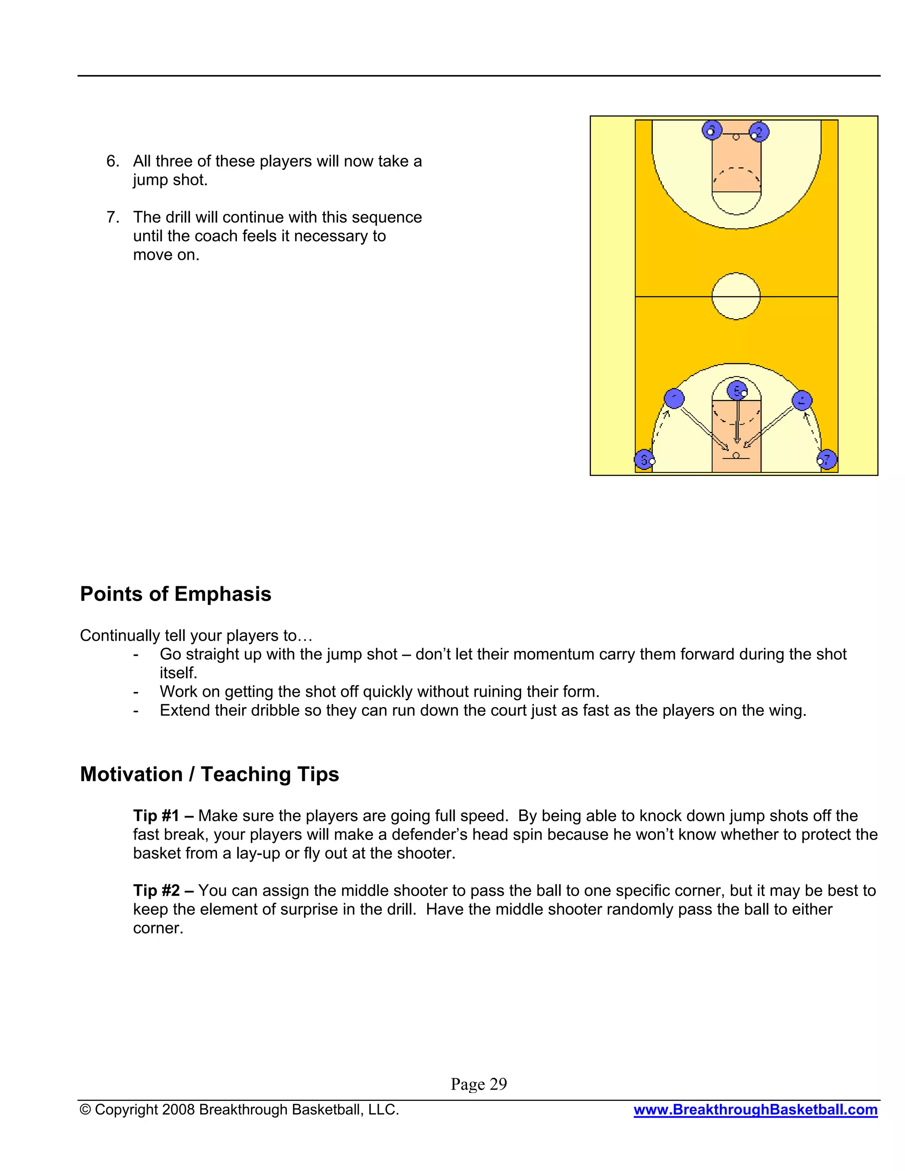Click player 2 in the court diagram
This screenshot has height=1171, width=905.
(759, 131)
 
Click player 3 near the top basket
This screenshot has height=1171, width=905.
(711, 130)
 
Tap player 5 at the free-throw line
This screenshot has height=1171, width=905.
(737, 391)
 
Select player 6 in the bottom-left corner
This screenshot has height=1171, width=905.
(643, 460)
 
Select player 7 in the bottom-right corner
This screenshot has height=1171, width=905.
(827, 459)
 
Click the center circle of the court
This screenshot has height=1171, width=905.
(736, 297)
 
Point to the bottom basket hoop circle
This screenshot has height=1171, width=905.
(736, 455)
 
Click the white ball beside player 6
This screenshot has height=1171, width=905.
(653, 461)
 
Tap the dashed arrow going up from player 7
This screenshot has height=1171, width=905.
(814, 431)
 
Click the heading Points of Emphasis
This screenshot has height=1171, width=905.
(175, 594)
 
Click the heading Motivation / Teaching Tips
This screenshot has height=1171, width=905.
(209, 774)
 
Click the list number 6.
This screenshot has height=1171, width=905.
(112, 161)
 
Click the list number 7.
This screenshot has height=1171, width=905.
(112, 217)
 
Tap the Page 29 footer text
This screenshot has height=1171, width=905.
(478, 1084)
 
